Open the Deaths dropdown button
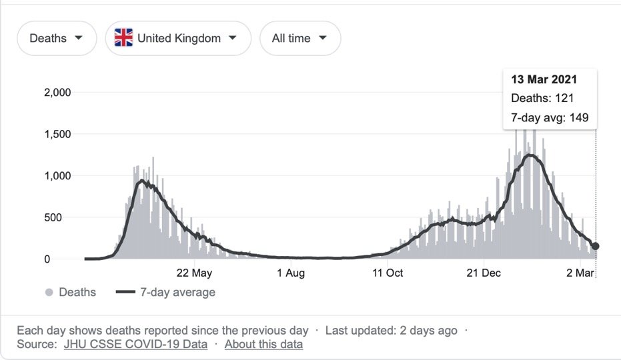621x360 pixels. [57, 38]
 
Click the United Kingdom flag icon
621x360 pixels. [123, 38]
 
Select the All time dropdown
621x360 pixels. [300, 38]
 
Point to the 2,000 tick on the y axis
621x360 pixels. [57, 93]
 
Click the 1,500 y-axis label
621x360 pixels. [57, 134]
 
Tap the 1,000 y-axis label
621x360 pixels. [57, 176]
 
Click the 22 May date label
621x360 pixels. [194, 273]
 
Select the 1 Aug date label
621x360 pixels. [290, 273]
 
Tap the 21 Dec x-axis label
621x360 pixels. [484, 273]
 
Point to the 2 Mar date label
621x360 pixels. [580, 273]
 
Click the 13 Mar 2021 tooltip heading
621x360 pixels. [544, 79]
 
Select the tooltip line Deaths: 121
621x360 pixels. [542, 99]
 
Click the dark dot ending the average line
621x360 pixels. [596, 246]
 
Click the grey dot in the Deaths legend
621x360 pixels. [49, 293]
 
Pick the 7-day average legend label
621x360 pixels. [177, 293]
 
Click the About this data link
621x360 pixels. [263, 344]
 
